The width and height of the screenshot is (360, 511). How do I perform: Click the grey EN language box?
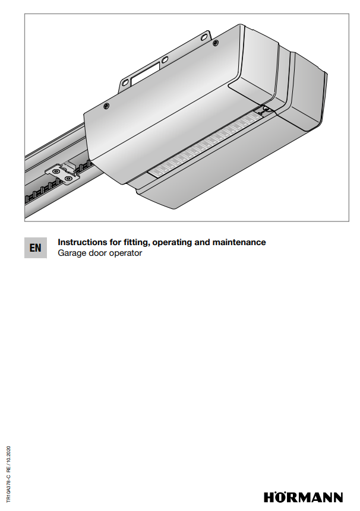click(x=36, y=247)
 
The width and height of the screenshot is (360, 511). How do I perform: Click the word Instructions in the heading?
click(x=78, y=242)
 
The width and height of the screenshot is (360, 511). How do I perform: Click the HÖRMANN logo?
click(x=303, y=497)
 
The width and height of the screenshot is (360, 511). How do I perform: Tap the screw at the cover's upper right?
click(x=215, y=42)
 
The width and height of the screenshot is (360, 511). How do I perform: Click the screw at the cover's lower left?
click(x=106, y=106)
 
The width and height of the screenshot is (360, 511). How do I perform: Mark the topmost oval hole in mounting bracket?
click(x=204, y=37)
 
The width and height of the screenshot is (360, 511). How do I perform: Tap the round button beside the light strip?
click(x=267, y=109)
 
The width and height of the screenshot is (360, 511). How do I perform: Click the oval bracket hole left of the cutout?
click(x=125, y=82)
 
